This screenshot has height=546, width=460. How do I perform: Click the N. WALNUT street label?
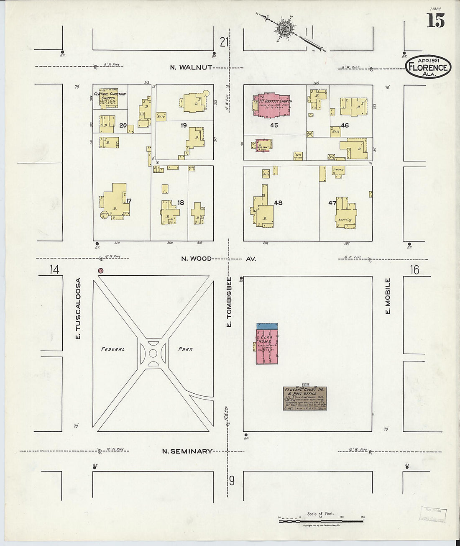(x=191, y=67)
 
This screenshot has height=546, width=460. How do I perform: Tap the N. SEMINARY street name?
(x=187, y=451)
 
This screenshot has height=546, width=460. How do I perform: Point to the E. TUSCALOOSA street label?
(x=78, y=309)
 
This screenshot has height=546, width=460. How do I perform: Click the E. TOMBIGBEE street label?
(x=229, y=301)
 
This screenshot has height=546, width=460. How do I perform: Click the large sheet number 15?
(x=435, y=21)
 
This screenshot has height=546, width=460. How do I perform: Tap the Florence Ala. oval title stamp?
(x=428, y=67)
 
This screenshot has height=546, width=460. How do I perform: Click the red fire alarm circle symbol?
(x=100, y=271)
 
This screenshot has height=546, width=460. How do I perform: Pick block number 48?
(x=278, y=203)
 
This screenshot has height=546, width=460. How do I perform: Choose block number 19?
(x=184, y=126)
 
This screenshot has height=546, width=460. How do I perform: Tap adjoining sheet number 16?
(x=414, y=270)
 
